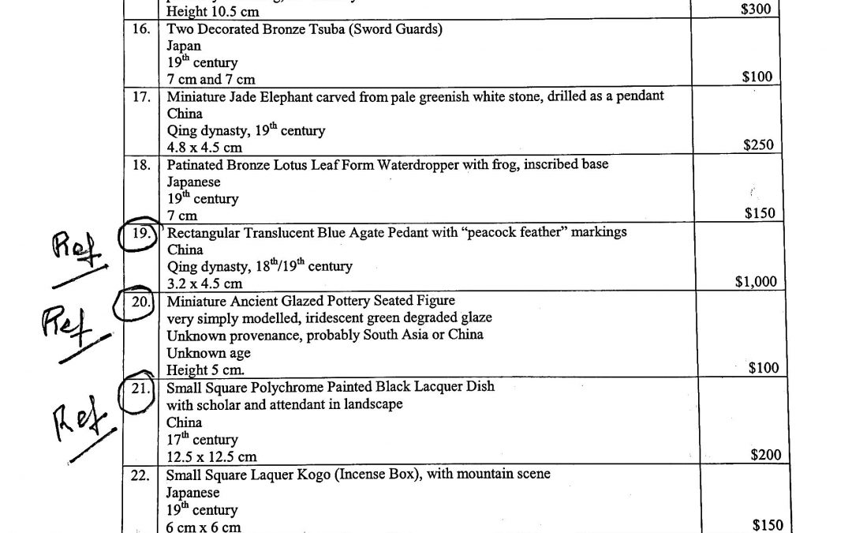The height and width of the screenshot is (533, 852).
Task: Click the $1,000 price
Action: tap(755, 282)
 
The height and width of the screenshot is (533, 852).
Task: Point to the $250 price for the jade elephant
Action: tap(757, 145)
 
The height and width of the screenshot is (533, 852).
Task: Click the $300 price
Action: tap(756, 9)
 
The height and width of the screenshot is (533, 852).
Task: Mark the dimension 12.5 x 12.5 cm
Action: tap(211, 457)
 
